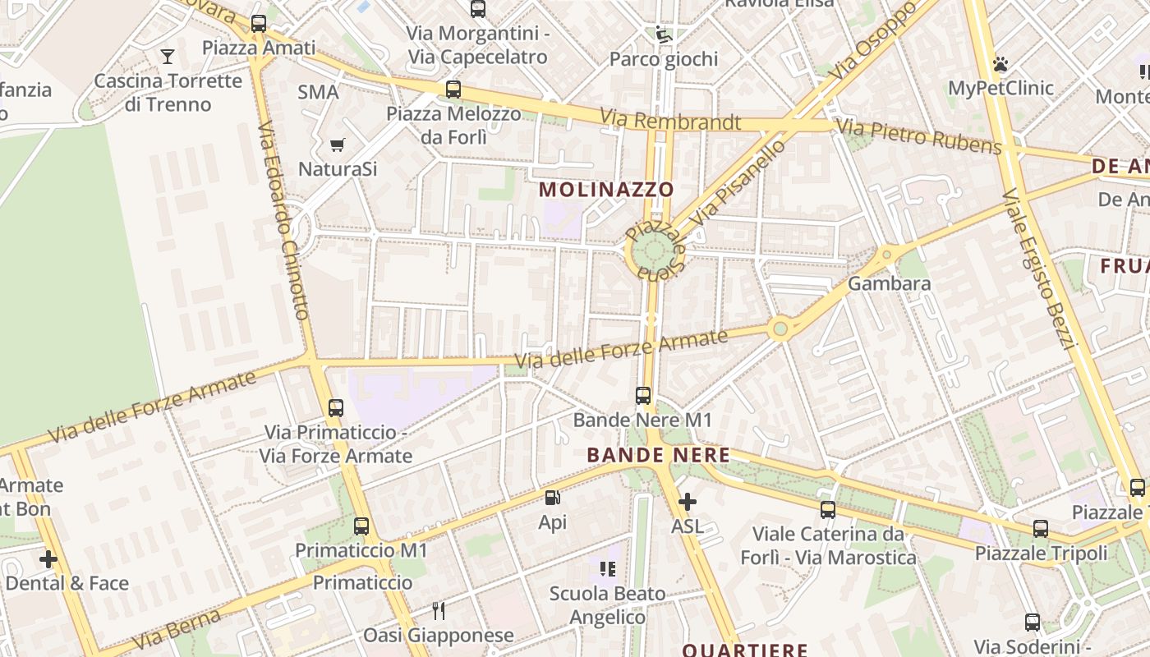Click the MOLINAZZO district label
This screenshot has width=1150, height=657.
coord(606,190)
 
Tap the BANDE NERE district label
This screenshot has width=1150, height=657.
coord(658,455)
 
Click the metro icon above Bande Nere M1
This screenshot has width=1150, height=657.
coord(643,396)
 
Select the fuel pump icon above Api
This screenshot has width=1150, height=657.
coord(553,498)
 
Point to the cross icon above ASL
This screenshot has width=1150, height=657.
coord(688,501)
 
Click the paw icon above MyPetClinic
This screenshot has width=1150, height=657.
coord(1000,64)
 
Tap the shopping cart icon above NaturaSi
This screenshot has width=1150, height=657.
coord(337,145)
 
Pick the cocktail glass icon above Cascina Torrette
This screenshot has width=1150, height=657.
coord(168,57)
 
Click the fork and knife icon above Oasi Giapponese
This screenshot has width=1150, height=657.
coord(439,610)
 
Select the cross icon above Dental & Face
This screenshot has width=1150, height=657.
coord(48,559)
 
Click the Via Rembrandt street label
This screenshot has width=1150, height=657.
coord(670,120)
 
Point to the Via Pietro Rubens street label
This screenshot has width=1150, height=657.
coord(918,136)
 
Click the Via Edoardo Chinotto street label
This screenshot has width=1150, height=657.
coord(283,222)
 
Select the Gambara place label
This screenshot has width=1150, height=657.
coord(890,284)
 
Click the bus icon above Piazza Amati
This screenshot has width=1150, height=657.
coord(259,24)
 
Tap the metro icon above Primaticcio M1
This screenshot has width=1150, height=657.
coord(361,526)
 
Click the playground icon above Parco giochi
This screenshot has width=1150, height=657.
coord(662,34)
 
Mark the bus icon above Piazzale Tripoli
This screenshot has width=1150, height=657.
coord(1041,529)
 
